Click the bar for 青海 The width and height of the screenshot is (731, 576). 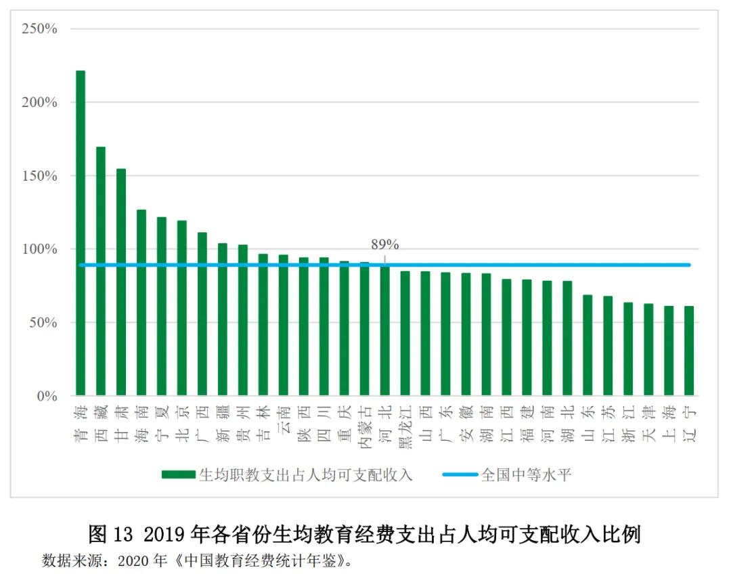click(x=81, y=233)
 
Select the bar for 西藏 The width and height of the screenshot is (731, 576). click(x=101, y=271)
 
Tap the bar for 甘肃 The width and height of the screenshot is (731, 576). click(x=121, y=282)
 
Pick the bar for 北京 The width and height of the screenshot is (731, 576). click(x=182, y=308)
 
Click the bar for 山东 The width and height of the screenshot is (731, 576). click(x=588, y=345)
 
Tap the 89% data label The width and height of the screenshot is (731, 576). click(x=384, y=244)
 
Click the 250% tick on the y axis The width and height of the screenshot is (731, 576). click(x=40, y=29)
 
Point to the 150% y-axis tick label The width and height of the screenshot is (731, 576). click(x=40, y=176)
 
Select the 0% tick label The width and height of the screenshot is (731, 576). click(x=47, y=397)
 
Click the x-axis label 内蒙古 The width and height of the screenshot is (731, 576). click(x=365, y=424)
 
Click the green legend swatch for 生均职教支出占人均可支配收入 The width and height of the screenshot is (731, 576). click(x=178, y=474)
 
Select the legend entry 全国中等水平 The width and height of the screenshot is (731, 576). click(x=525, y=474)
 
